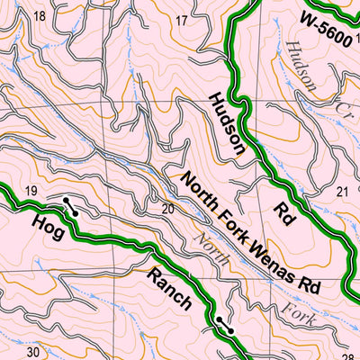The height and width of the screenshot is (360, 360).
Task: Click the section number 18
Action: [x=39, y=16]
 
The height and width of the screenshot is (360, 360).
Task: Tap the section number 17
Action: [x=183, y=21]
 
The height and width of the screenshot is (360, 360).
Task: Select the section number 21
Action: [x=342, y=192]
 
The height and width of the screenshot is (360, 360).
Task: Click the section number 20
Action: [x=166, y=209]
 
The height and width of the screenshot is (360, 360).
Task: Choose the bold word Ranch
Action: [x=170, y=288]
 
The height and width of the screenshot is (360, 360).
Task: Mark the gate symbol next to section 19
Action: [x=69, y=205]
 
